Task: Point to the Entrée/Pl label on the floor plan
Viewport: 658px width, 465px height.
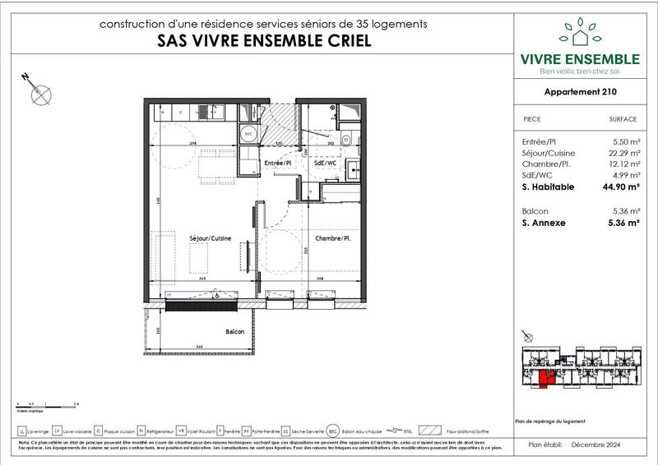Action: click(278, 163)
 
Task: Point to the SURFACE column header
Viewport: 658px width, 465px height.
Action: click(623, 119)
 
